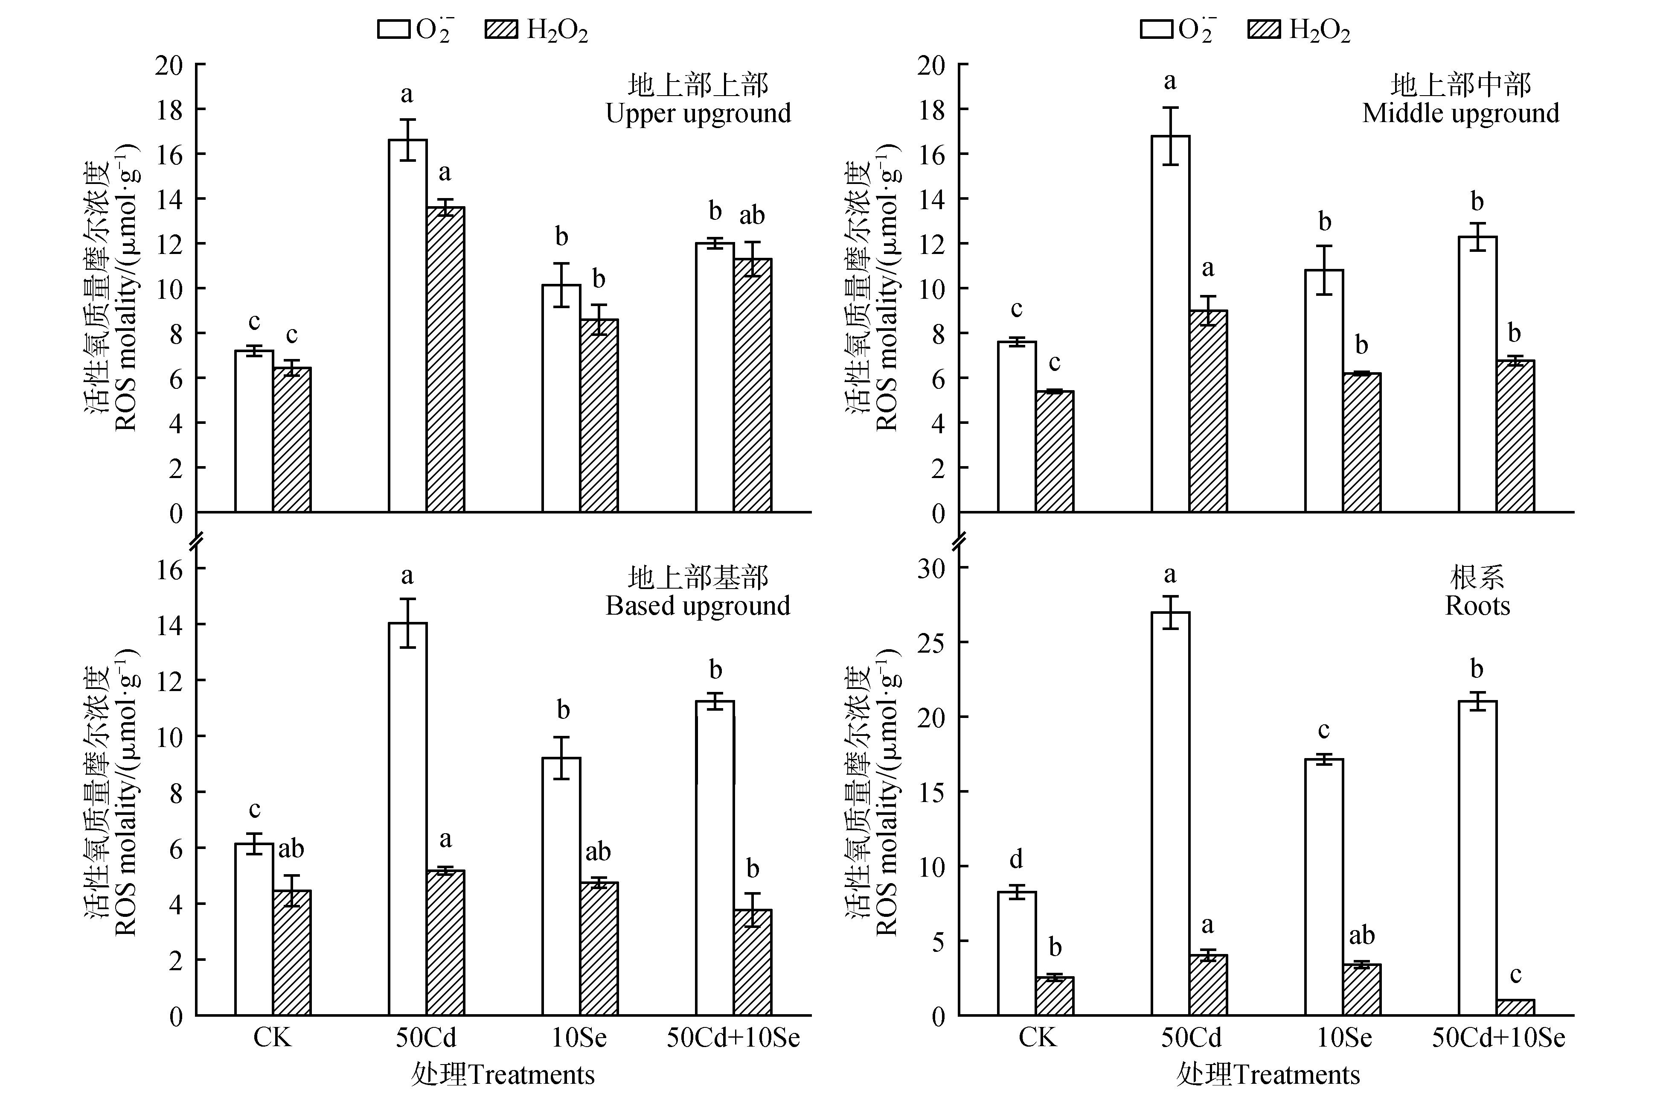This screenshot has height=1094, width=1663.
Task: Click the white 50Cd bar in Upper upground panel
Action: pyautogui.click(x=407, y=325)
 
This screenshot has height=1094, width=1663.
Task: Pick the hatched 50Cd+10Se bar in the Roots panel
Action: pyautogui.click(x=1515, y=1007)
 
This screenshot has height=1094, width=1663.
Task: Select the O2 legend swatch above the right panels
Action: pyautogui.click(x=1157, y=29)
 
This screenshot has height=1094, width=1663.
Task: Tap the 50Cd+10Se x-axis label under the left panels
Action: pyautogui.click(x=733, y=1037)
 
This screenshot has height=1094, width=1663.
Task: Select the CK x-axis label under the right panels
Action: pyautogui.click(x=1037, y=1037)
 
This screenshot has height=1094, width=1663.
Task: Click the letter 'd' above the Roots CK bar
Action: pyautogui.click(x=1017, y=858)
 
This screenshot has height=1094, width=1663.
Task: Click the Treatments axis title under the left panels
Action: pyautogui.click(x=503, y=1074)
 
